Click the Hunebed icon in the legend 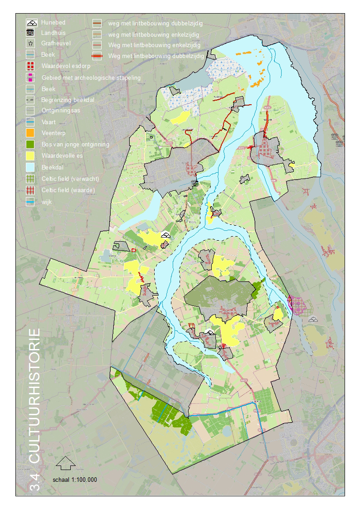coord(31,22)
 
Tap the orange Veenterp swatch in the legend coord(31,133)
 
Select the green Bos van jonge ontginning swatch coord(31,144)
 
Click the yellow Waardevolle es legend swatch coord(31,155)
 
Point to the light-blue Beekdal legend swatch coord(31,167)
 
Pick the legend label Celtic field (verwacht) coord(70,178)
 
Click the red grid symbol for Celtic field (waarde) coord(31,190)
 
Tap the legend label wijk coord(46,202)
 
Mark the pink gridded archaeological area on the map coord(297,304)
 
